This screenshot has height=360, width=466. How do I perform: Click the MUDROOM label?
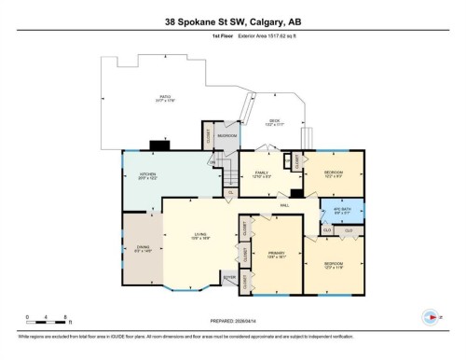coord(227,136)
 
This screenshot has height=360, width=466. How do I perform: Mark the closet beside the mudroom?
coord(207,136)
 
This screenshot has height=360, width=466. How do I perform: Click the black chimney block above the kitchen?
coord(158,145)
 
